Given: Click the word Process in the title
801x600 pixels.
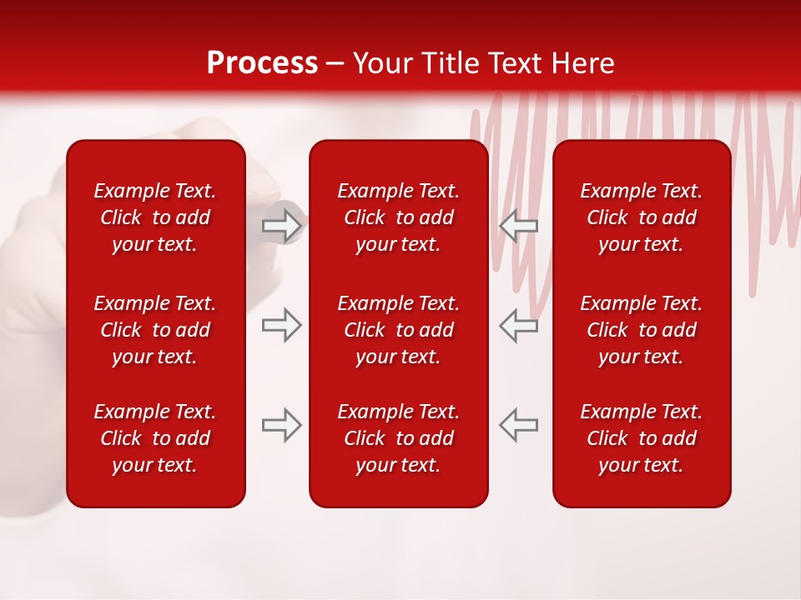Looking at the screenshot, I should click(262, 63).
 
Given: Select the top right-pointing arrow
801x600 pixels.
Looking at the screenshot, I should click(281, 225).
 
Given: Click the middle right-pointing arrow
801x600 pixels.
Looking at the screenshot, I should click(281, 325).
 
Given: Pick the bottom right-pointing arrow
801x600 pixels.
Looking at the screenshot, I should click(281, 425).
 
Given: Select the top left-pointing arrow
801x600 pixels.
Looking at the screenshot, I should click(518, 225).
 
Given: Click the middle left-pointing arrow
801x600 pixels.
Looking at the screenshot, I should click(518, 325).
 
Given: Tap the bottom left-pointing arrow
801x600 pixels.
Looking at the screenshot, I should click(518, 425).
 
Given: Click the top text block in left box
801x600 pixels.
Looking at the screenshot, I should click(155, 217).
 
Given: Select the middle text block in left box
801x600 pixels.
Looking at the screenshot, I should click(155, 330).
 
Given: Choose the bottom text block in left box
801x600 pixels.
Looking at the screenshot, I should click(155, 438).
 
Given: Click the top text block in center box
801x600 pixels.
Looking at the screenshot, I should click(399, 217).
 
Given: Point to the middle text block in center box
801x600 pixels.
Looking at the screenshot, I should click(399, 330).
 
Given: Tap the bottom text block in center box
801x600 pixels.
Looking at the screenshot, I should click(399, 438).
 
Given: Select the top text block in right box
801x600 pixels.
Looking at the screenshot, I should click(642, 217).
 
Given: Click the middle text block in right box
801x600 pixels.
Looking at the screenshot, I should click(642, 330).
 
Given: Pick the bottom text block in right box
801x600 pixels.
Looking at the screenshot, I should click(642, 438).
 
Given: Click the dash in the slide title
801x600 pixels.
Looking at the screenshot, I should click(335, 64).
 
